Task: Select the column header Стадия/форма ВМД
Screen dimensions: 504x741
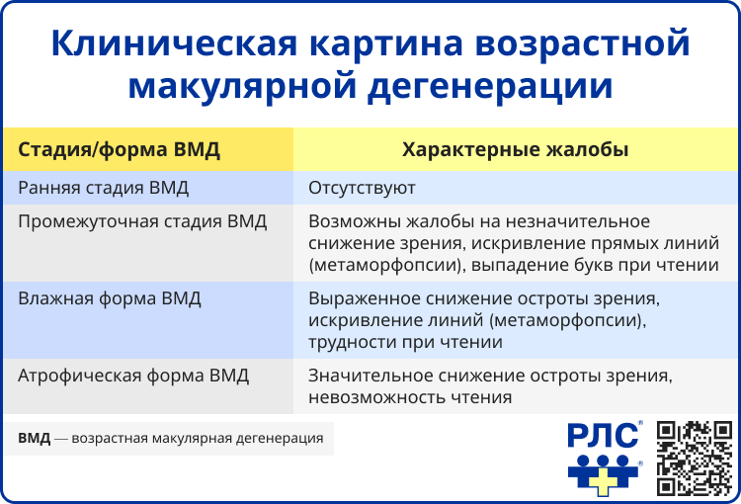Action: [x=119, y=150]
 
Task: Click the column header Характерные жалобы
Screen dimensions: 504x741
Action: [x=515, y=150]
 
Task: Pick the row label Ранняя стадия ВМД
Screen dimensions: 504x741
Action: [x=104, y=188]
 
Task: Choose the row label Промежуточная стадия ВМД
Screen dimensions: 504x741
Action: [x=143, y=221]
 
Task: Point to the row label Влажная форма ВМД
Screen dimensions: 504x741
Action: [x=111, y=298]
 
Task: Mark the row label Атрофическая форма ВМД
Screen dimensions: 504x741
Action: [x=134, y=376]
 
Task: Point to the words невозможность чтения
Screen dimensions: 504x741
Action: [x=410, y=397]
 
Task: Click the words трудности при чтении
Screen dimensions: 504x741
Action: [x=405, y=342]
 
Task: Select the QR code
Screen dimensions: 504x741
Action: [x=696, y=457]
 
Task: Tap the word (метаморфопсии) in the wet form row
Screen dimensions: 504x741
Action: [x=581, y=320]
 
